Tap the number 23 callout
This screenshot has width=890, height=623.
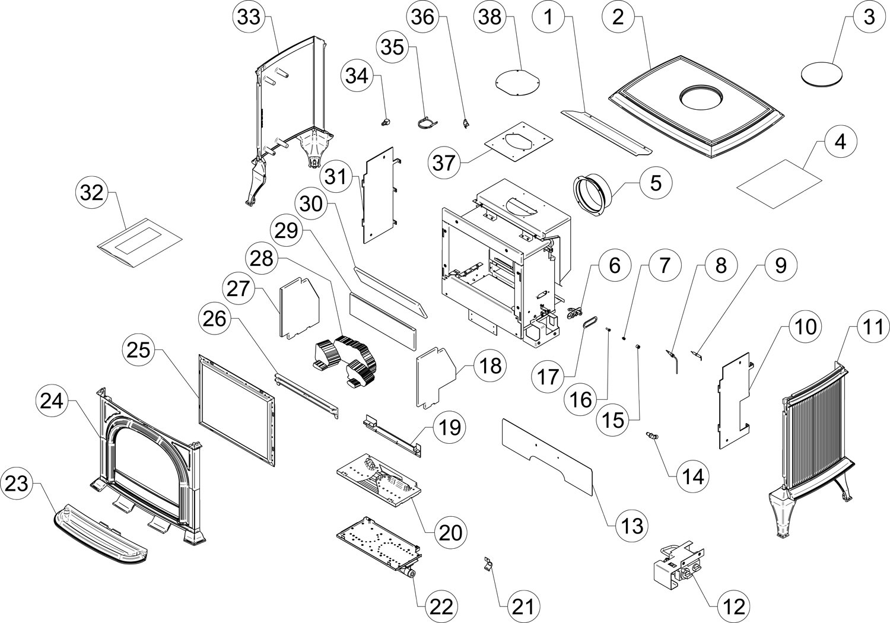pyautogui.click(x=17, y=484)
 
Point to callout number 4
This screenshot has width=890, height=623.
pyautogui.click(x=840, y=142)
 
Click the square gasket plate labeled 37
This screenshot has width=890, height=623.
pyautogui.click(x=519, y=142)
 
